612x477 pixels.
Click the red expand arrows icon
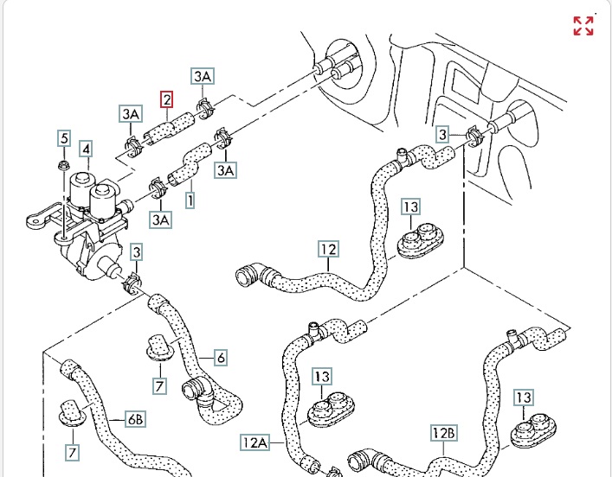coord(583,26)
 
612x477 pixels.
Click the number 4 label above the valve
coord(86,149)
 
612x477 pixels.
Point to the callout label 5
coord(63,137)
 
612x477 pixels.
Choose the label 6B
coord(136,419)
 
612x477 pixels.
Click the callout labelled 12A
coord(254,442)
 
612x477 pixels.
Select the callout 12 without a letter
coord(328,251)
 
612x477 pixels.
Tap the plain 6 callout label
coord(221,357)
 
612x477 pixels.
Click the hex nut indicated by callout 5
coord(63,164)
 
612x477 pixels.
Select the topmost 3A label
coord(203,77)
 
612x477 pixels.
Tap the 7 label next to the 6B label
coord(73,451)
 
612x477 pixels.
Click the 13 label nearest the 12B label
coord(524,397)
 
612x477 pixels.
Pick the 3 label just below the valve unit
coord(137,252)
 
